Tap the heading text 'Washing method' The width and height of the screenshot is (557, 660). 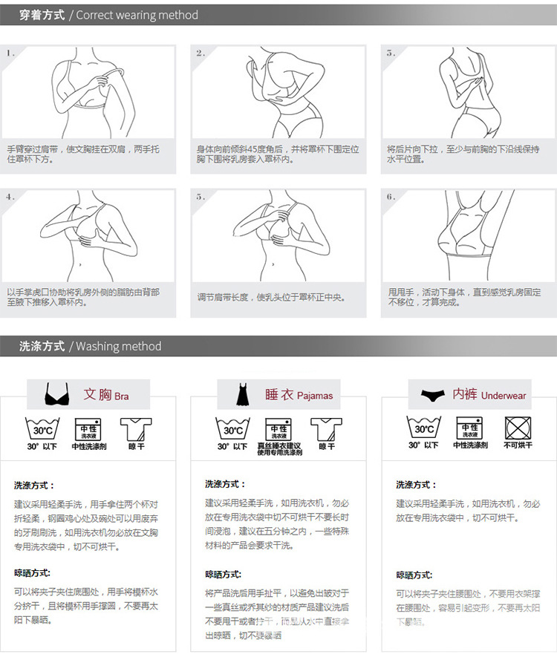(x=118, y=346)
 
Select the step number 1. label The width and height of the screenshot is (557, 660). (x=10, y=53)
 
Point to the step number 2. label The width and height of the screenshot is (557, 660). (x=201, y=53)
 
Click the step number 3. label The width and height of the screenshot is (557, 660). (x=391, y=53)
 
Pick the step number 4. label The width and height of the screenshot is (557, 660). (x=10, y=197)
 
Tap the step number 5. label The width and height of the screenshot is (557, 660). (x=201, y=197)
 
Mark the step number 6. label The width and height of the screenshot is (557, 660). (x=391, y=197)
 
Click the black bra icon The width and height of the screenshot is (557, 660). (x=56, y=394)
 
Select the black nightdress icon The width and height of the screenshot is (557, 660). (x=242, y=394)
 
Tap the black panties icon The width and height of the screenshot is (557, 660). (x=432, y=395)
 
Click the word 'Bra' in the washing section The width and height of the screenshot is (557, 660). (x=121, y=396)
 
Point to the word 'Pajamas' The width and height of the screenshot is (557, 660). (x=315, y=396)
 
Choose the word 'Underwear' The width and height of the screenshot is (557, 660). (x=504, y=396)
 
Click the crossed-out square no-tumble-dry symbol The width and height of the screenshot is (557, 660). (x=518, y=428)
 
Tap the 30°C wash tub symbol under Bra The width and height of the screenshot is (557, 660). (x=42, y=428)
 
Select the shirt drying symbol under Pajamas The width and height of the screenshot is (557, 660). (x=326, y=428)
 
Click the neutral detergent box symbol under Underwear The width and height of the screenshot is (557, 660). (x=469, y=428)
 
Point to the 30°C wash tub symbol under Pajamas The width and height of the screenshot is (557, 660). (x=232, y=428)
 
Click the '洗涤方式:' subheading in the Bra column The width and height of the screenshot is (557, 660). (x=34, y=486)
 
